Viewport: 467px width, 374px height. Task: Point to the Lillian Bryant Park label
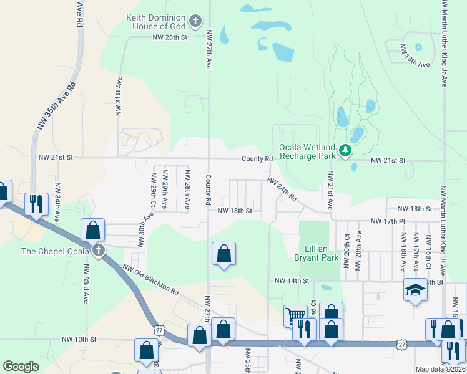point(317,252)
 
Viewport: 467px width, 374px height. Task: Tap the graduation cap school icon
point(415,290)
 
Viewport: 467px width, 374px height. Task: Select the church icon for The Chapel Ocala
point(98,251)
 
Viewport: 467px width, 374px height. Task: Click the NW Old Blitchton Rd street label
point(150,280)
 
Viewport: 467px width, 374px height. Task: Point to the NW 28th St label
point(170,37)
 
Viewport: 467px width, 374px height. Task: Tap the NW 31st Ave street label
point(117,97)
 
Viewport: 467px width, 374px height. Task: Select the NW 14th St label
point(292,281)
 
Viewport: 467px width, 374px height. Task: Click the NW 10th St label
point(79,339)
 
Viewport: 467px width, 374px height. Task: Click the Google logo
point(21,367)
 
